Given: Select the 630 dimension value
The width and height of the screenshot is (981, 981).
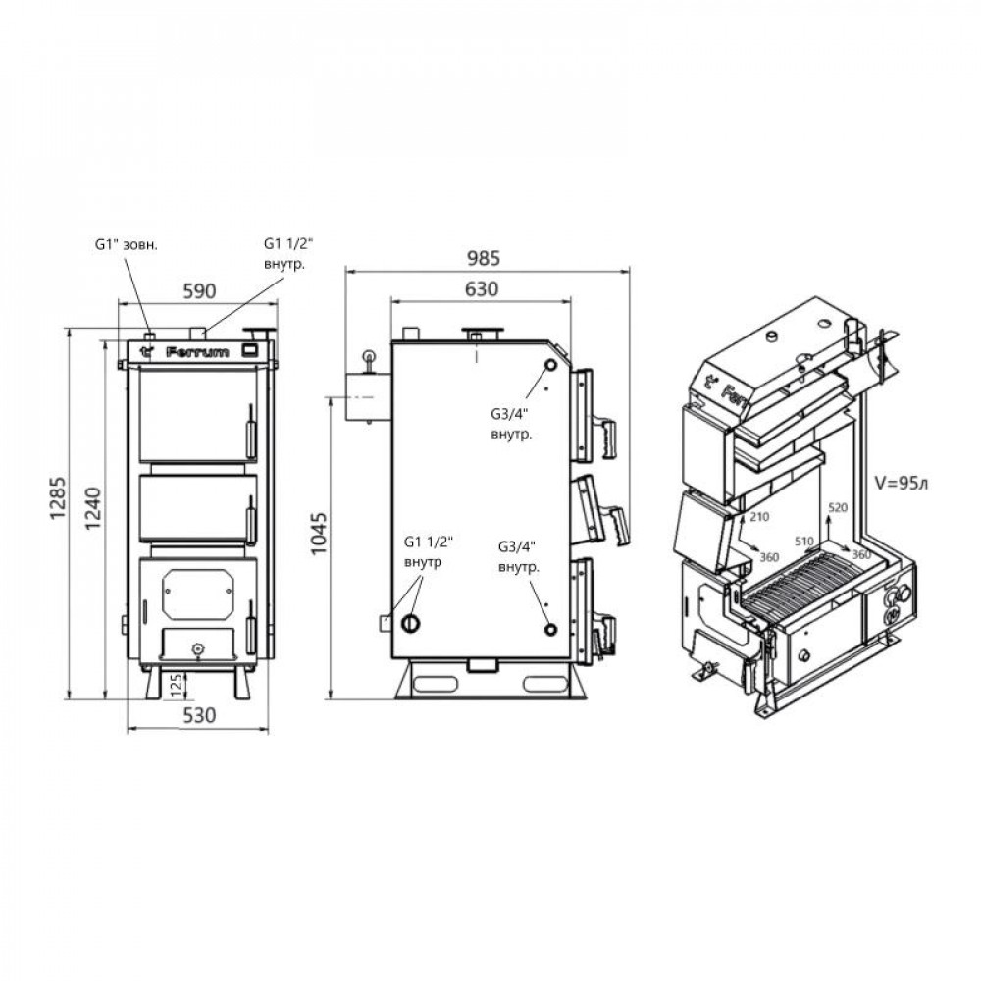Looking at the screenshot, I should [x=481, y=288].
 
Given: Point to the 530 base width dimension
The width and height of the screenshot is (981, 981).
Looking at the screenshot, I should [x=198, y=715].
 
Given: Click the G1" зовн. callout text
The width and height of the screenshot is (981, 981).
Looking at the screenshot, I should [x=127, y=243].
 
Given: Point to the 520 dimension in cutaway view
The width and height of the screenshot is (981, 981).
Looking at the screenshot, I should [x=837, y=507].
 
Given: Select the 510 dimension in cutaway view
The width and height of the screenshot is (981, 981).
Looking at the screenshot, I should [x=804, y=541].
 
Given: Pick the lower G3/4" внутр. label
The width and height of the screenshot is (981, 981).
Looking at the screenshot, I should [x=517, y=560].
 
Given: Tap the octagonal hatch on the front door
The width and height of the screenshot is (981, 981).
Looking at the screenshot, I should [x=198, y=592].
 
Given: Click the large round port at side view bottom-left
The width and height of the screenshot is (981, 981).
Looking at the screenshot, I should [x=412, y=624].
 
